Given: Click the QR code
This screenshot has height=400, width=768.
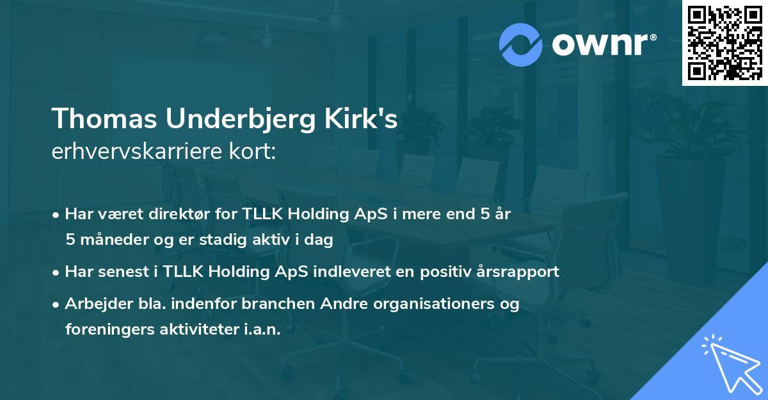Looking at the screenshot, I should [724, 43].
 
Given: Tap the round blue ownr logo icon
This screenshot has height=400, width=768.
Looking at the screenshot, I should [520, 45].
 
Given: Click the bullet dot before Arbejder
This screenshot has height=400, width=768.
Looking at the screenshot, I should [57, 304].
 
